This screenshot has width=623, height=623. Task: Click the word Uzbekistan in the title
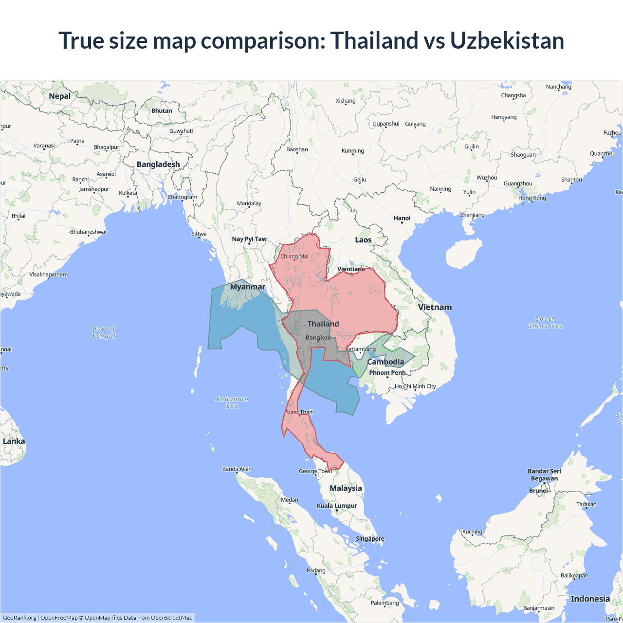click(507, 40)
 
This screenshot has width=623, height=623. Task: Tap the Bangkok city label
click(318, 338)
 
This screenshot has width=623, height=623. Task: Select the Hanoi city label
click(402, 218)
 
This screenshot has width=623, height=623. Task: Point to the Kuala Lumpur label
click(337, 506)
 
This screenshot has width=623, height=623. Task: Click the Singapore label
click(370, 539)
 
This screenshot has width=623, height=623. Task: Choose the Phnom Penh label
click(387, 373)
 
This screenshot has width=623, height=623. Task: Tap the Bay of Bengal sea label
click(104, 332)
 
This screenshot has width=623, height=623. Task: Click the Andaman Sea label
click(232, 403)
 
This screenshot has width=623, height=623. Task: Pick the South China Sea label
click(545, 322)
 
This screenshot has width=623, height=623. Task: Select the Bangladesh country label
click(158, 165)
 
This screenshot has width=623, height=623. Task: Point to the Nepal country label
click(60, 96)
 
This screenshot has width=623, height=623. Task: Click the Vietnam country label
click(435, 307)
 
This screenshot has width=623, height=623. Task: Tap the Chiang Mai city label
click(294, 257)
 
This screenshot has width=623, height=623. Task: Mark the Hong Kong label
click(532, 198)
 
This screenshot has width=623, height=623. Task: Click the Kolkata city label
click(128, 193)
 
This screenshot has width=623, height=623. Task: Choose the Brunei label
click(538, 491)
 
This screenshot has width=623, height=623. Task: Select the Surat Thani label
click(299, 412)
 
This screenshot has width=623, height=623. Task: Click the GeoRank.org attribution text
click(19, 618)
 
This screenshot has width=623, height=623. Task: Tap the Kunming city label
click(353, 151)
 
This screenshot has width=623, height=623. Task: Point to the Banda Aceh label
click(237, 469)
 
